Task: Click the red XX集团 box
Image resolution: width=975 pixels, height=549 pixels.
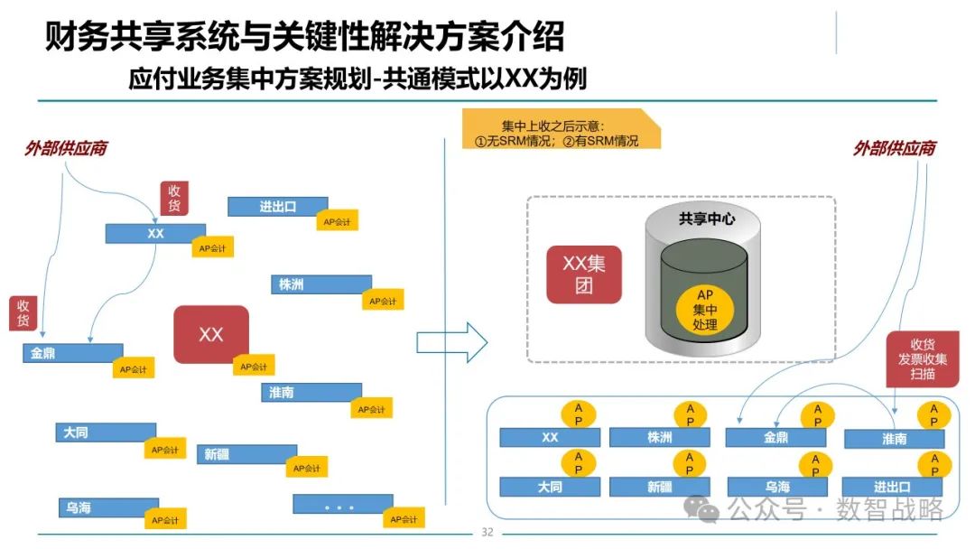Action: pos(583,274)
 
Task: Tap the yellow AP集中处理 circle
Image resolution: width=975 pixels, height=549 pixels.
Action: pos(705,309)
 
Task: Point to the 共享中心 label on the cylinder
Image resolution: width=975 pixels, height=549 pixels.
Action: pos(707,219)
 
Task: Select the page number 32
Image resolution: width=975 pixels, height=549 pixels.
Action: pos(487,532)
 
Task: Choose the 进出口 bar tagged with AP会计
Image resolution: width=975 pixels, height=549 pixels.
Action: pos(276,207)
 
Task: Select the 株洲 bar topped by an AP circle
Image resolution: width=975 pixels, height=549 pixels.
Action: pos(659,438)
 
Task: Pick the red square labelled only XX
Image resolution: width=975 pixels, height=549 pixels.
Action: pos(210,334)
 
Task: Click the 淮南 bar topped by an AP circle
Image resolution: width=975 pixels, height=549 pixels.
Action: pos(894,439)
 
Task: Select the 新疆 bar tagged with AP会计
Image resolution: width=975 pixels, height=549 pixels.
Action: pos(246,454)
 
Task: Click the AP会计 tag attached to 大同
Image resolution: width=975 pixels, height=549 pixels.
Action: pos(164,450)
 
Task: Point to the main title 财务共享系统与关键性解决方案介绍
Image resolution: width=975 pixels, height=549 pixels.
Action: pos(304,38)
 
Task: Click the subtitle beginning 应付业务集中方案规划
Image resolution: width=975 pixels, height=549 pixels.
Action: pos(357,79)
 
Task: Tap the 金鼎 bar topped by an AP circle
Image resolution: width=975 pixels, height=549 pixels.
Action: pos(775,438)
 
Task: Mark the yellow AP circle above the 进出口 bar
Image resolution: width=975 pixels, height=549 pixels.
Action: pos(933,465)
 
